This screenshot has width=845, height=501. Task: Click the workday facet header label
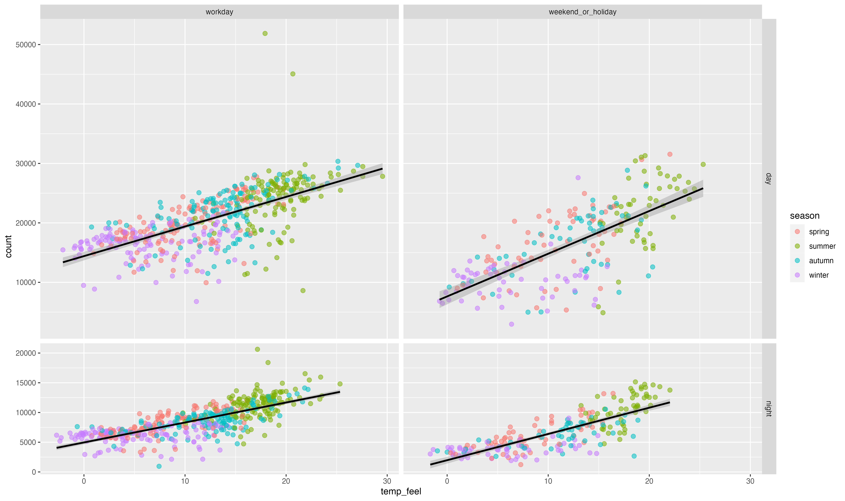pyautogui.click(x=219, y=12)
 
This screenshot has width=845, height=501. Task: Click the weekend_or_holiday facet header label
pyautogui.click(x=582, y=12)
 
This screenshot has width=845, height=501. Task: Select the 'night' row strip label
pyautogui.click(x=769, y=408)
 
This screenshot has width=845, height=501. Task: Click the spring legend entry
pyautogui.click(x=819, y=232)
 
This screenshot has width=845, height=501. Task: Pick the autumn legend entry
pyautogui.click(x=821, y=261)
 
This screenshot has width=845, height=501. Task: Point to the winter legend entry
pyautogui.click(x=819, y=275)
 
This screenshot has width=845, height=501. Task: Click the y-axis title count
pyautogui.click(x=8, y=246)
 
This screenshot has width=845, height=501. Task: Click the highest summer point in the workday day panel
pyautogui.click(x=265, y=33)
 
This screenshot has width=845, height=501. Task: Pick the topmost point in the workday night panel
pyautogui.click(x=257, y=349)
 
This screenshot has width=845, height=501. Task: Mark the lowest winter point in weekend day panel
pyautogui.click(x=512, y=324)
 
